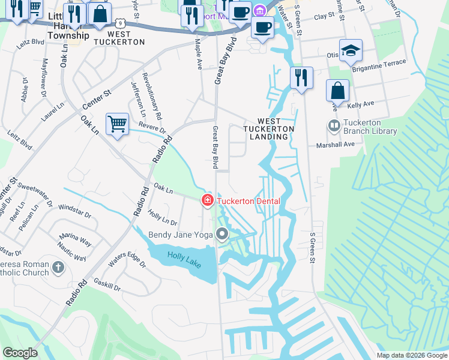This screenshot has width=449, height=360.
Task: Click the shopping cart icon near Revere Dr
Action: (x=118, y=124)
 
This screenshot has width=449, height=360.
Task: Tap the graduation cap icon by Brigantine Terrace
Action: (x=350, y=51)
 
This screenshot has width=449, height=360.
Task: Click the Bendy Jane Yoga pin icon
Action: (x=223, y=235)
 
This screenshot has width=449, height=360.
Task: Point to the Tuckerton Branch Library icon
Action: (x=334, y=127)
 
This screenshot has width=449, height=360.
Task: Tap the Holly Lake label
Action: (x=184, y=259)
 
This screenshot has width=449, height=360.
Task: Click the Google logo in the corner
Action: (x=20, y=352)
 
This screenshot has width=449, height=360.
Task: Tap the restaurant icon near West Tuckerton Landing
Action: (x=300, y=79)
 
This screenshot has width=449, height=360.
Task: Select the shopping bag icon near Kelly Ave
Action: (x=338, y=91)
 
